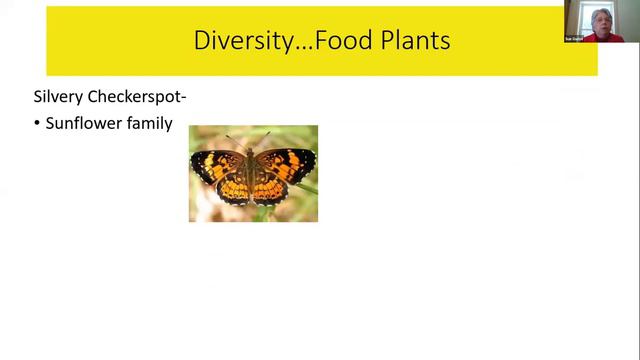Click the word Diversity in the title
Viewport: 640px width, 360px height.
pyautogui.click(x=235, y=41)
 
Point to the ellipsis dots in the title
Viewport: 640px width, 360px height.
pyautogui.click(x=299, y=47)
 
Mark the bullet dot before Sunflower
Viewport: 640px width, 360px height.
pyautogui.click(x=37, y=124)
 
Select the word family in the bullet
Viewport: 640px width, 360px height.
pyautogui.click(x=150, y=124)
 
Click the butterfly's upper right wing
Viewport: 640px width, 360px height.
pyautogui.click(x=288, y=162)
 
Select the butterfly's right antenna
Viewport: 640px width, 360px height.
pyautogui.click(x=264, y=137)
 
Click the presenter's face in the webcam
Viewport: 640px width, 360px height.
pyautogui.click(x=603, y=19)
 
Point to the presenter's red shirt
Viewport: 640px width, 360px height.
pyautogui.click(x=606, y=37)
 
